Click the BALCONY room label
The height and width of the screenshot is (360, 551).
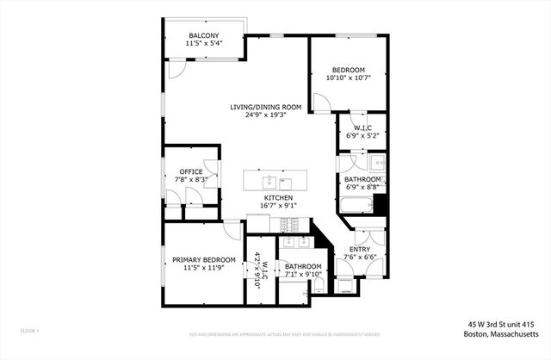[x=204, y=35]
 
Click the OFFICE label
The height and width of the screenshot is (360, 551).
[x=191, y=171]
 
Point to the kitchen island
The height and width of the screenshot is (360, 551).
[x=276, y=181]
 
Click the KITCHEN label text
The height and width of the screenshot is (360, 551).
[x=277, y=197]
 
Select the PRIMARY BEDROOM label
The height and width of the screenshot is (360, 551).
[x=203, y=259]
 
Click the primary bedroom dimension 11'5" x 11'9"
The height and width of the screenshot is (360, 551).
[x=203, y=268]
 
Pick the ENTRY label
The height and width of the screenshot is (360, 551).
[x=360, y=248]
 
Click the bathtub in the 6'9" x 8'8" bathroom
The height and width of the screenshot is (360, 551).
[x=356, y=205]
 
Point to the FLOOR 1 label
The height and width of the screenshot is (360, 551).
[x=30, y=331]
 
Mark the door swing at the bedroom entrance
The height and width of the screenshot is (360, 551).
[x=319, y=103]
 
